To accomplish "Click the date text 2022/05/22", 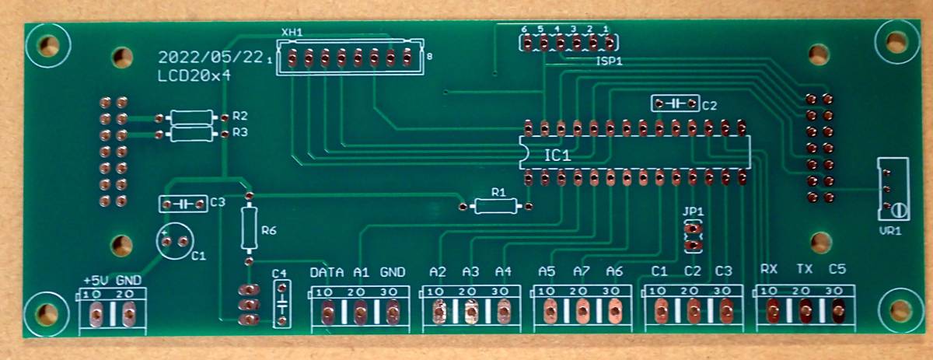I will (x=209, y=58).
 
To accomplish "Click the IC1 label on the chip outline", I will (x=557, y=156).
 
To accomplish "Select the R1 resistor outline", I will (x=495, y=206).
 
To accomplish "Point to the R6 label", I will (x=269, y=231).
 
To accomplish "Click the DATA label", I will (x=327, y=272).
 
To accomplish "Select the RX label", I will (x=769, y=270).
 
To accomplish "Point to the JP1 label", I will (x=692, y=211).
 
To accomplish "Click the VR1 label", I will (x=889, y=231).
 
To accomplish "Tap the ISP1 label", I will (x=609, y=61).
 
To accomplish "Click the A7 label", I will (x=581, y=271).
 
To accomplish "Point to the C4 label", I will (x=280, y=273).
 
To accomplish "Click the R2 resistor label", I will (x=239, y=117).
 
